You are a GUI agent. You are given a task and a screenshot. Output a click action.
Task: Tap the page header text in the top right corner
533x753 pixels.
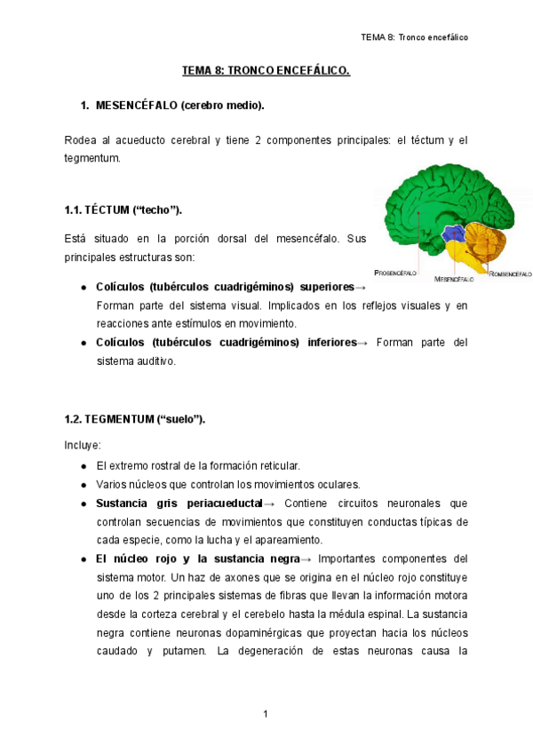[414, 37]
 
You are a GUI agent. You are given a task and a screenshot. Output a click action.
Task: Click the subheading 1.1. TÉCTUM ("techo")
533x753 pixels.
[123, 210]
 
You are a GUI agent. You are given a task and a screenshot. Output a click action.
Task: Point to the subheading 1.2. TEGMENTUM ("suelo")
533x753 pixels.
[135, 419]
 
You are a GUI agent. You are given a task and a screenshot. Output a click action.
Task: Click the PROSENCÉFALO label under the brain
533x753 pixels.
[395, 273]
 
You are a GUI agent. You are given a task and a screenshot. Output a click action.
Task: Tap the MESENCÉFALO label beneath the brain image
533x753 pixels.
[454, 279]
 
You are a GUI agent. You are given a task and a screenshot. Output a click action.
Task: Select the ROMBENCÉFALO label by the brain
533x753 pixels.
[510, 273]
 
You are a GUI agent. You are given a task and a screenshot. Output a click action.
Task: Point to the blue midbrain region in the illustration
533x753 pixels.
[455, 234]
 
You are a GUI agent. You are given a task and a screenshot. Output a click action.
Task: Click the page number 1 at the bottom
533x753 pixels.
[266, 714]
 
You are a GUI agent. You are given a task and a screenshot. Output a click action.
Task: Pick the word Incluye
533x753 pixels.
[83, 445]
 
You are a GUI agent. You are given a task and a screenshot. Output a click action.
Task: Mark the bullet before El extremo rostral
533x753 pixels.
[83, 465]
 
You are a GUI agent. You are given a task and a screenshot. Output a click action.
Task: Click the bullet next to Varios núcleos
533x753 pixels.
[83, 485]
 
